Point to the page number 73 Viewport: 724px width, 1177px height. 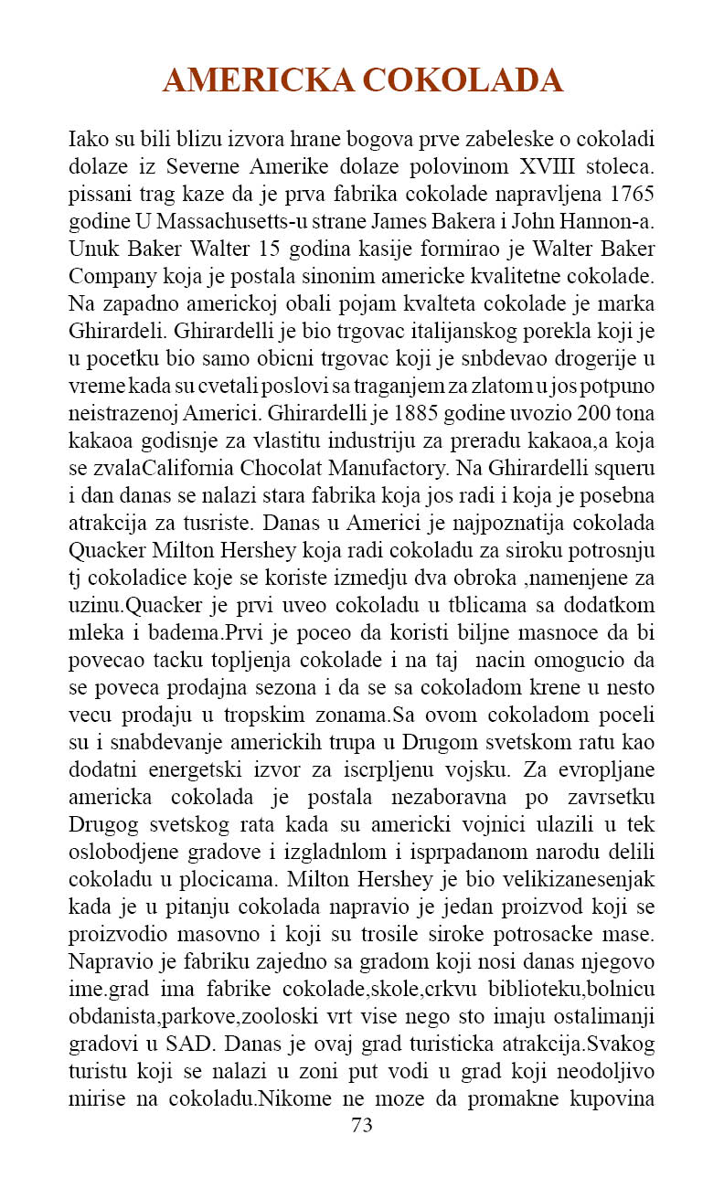pyautogui.click(x=362, y=1126)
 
